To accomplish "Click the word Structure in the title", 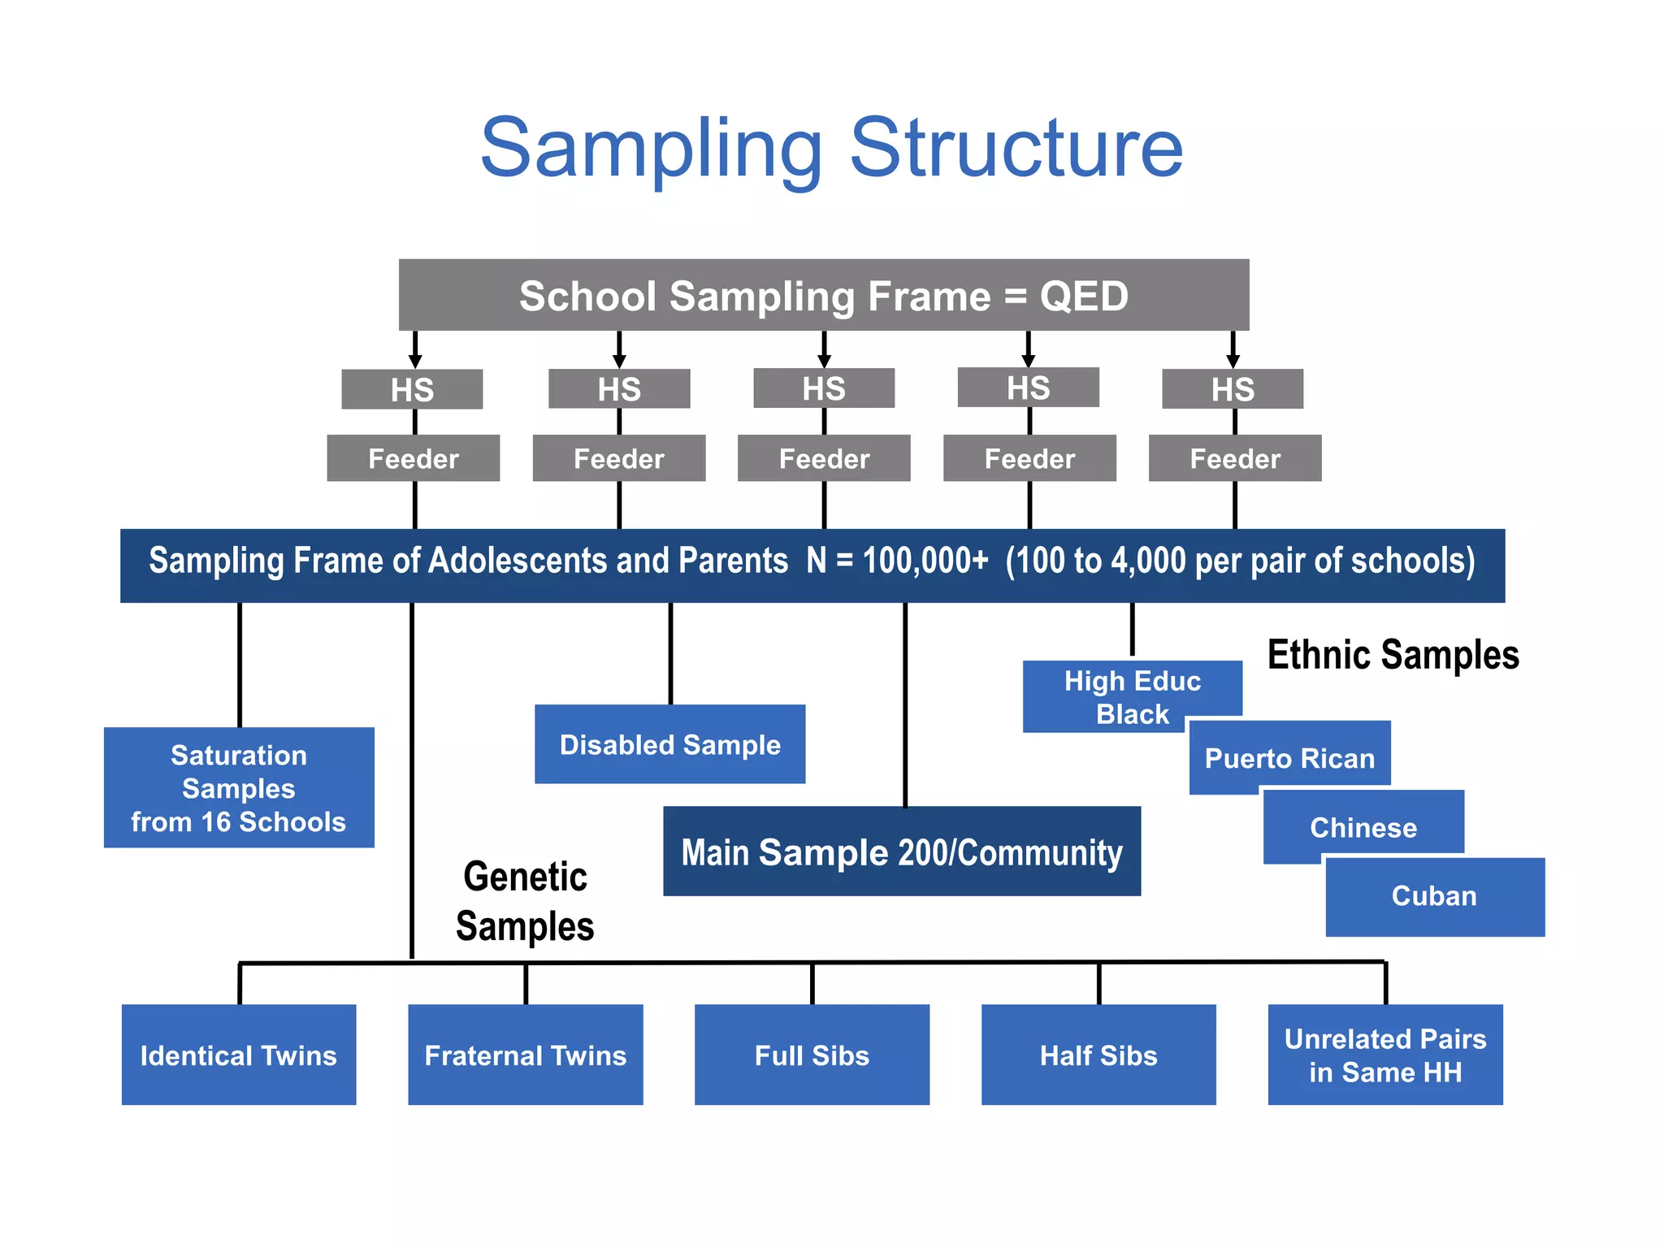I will pyautogui.click(x=1016, y=148).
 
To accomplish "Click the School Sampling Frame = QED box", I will pyautogui.click(x=823, y=295).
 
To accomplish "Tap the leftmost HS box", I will pyautogui.click(x=412, y=389).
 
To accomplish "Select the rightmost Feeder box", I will pyautogui.click(x=1234, y=458).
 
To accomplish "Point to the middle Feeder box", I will pyautogui.click(x=823, y=458).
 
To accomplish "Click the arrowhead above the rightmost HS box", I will pyautogui.click(x=1233, y=360).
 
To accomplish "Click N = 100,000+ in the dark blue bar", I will pyautogui.click(x=897, y=561).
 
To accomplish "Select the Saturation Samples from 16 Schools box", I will pyautogui.click(x=239, y=787).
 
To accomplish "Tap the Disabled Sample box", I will pyautogui.click(x=669, y=744).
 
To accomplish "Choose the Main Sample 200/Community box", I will pyautogui.click(x=901, y=851).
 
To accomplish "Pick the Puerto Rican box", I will pyautogui.click(x=1289, y=757).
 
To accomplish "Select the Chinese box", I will pyautogui.click(x=1363, y=826).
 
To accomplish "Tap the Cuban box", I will pyautogui.click(x=1434, y=896).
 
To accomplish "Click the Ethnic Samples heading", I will pyautogui.click(x=1393, y=655).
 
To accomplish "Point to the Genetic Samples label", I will pyautogui.click(x=525, y=901).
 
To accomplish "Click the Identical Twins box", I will pyautogui.click(x=238, y=1055).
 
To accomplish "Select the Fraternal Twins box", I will pyautogui.click(x=525, y=1055).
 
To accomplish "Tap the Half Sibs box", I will pyautogui.click(x=1098, y=1055).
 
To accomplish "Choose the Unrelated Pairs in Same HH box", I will pyautogui.click(x=1384, y=1055).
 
